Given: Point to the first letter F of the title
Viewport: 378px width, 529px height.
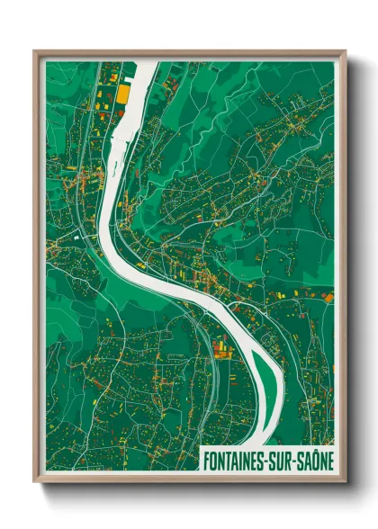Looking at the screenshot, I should coord(206,459).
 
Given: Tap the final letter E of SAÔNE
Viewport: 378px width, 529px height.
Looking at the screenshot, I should coord(330,459).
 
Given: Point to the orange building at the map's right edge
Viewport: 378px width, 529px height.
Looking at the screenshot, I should coord(328,296).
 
